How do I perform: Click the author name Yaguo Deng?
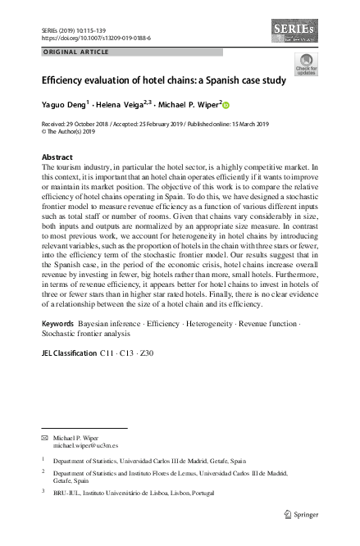(x=64, y=105)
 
